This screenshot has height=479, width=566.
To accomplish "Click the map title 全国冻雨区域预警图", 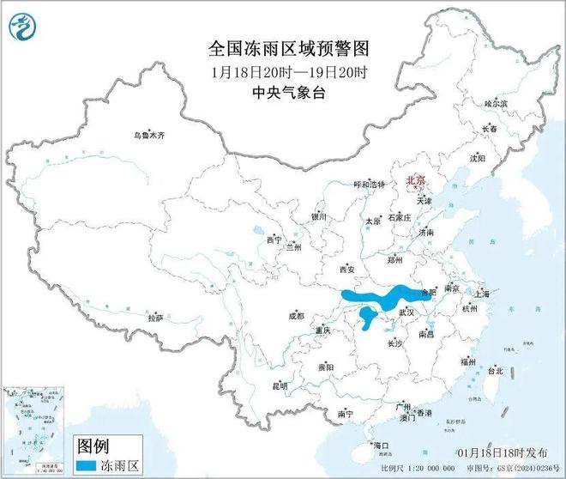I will tap(282, 48).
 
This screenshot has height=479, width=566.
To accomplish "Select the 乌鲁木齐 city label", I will tap(146, 135).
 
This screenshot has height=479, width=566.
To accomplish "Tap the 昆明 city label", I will tap(280, 386).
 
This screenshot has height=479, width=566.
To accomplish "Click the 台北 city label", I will tap(495, 372).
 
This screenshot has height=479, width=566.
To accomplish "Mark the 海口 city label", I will tap(381, 445).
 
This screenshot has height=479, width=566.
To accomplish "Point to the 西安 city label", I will tap(346, 269).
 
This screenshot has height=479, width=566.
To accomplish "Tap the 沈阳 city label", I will tap(478, 159).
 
